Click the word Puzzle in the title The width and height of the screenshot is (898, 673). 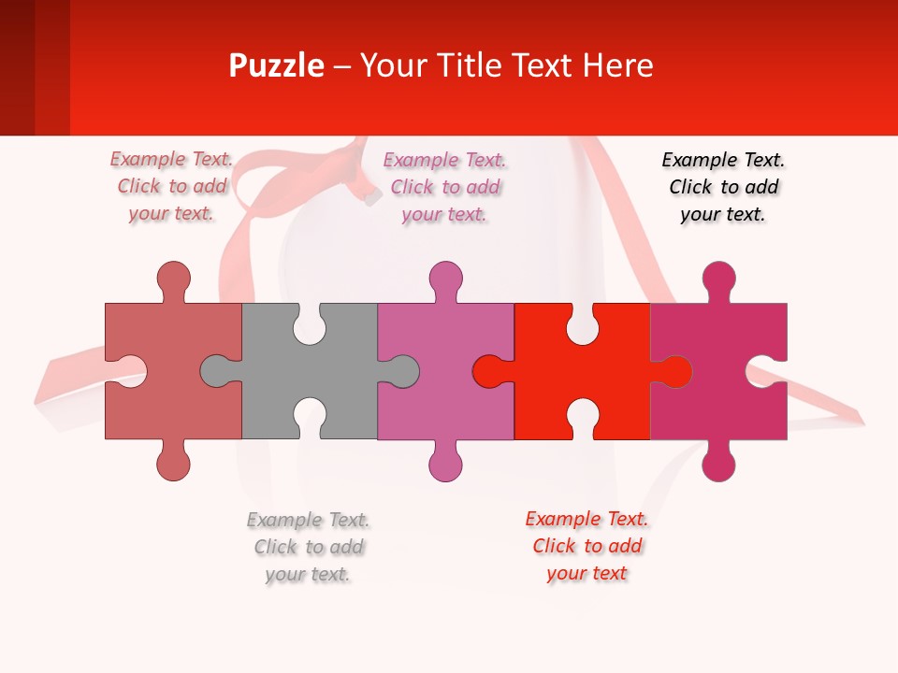click(277, 65)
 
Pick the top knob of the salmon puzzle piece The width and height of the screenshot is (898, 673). click(173, 279)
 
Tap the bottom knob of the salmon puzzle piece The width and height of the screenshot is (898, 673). click(173, 463)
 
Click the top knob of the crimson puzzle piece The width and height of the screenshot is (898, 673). click(718, 279)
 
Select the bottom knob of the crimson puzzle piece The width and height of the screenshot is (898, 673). click(718, 463)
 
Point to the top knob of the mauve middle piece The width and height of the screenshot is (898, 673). click(445, 279)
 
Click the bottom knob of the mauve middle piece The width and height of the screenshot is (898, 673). click(445, 463)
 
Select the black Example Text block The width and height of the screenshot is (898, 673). click(723, 187)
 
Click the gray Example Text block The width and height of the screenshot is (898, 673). click(308, 547)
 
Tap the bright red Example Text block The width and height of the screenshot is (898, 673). click(587, 546)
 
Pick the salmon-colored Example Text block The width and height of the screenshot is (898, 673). click(171, 187)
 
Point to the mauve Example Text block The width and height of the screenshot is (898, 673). click(444, 187)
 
